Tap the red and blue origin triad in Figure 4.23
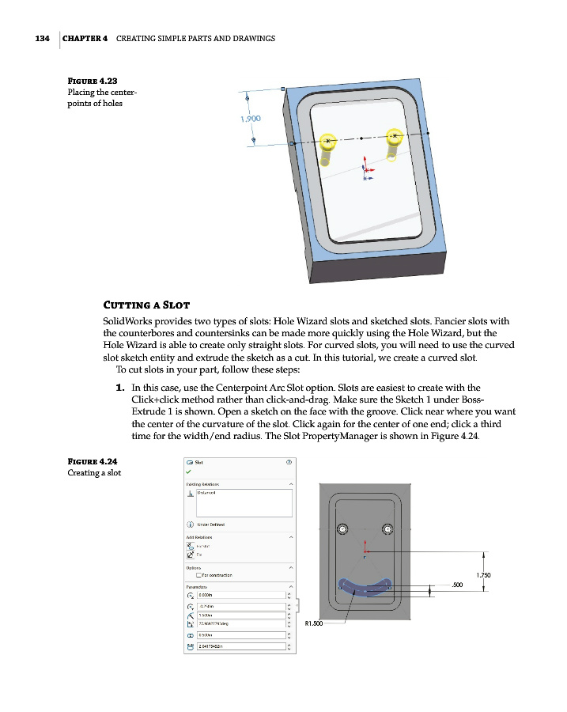click(365, 169)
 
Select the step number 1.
click(120, 388)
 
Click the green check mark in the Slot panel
click(189, 472)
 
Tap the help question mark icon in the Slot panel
click(288, 463)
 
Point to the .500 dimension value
click(456, 585)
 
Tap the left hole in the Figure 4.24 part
click(342, 528)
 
